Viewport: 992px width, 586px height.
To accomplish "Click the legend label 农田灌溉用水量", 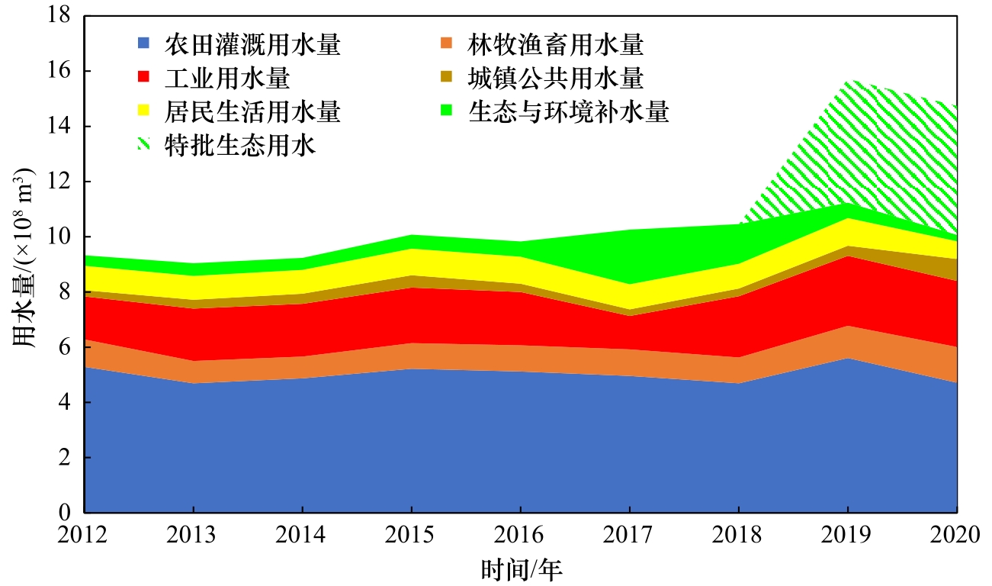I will click(252, 45).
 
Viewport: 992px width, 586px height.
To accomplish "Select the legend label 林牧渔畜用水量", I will click(555, 45).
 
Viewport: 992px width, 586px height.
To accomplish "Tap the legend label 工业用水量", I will click(226, 79).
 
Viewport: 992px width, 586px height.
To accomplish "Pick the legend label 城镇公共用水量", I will click(555, 79).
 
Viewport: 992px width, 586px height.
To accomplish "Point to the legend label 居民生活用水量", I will click(252, 112).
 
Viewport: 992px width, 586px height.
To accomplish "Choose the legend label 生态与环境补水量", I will click(568, 112).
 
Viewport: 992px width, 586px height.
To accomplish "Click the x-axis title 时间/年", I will click(522, 569).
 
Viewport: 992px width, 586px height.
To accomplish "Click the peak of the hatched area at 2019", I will click(848, 80).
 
